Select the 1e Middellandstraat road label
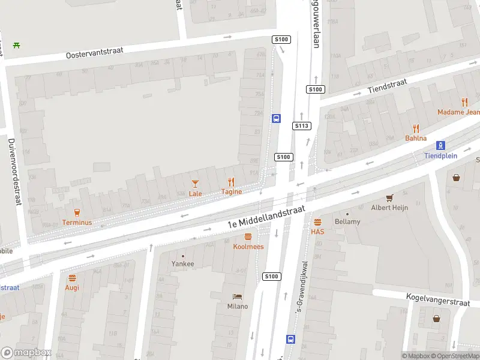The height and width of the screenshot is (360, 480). point(266,216)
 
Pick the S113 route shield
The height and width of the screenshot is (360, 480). point(301,126)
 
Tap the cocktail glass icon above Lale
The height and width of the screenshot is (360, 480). point(195,183)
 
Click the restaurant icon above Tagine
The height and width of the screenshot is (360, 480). point(231,182)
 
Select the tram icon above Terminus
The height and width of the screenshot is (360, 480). point(76,212)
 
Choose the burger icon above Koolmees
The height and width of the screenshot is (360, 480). point(248,236)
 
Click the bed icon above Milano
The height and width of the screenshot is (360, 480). point(237,296)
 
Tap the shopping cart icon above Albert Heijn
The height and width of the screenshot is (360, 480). point(389,197)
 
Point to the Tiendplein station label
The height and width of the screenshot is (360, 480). point(440,155)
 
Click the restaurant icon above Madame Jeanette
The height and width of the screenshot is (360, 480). point(464,102)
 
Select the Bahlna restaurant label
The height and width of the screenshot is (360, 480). point(416,138)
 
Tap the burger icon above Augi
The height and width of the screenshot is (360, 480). point(72,278)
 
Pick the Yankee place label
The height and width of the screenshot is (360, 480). point(183,263)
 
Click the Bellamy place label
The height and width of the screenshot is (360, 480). point(347,222)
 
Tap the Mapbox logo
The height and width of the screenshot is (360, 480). point(26,353)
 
